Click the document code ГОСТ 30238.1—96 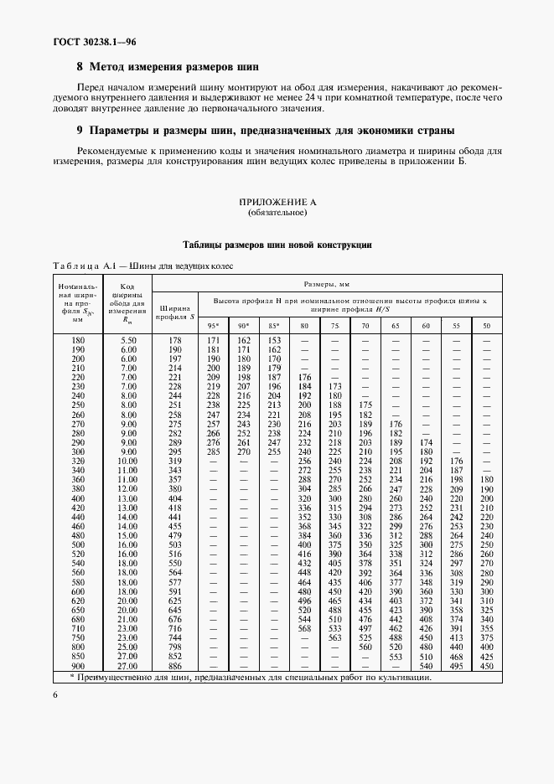pos(77,41)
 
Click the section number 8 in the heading pos(80,66)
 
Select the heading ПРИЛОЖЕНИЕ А pos(277,203)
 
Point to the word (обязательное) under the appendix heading pos(277,213)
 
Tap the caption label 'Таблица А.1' pos(78,266)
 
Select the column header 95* pos(213,325)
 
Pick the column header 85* pos(273,325)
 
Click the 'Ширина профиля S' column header pos(175,311)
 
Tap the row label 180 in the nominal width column pos(78,340)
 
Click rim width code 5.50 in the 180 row pos(128,340)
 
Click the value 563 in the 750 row pos(334,637)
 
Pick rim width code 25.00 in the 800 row pos(128,646)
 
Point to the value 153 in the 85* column pos(273,340)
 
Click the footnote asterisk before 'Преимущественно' pos(72,676)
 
